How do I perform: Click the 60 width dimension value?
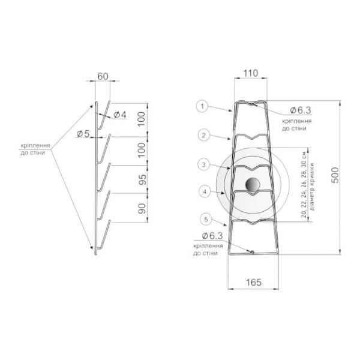point(103,76)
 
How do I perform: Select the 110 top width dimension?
point(251,73)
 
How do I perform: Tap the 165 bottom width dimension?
point(253,283)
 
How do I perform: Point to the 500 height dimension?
point(335,175)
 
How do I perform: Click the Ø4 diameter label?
point(120,115)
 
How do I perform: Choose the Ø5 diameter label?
point(83,134)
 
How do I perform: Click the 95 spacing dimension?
point(143,179)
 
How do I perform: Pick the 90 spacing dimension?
point(143,208)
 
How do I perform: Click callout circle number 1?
point(202,106)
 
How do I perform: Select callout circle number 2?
point(203,135)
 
